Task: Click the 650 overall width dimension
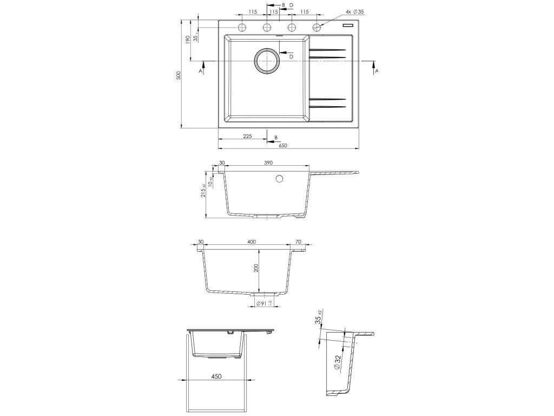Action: (283, 145)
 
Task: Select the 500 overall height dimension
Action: (179, 75)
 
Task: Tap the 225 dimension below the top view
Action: (247, 136)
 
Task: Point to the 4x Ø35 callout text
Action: (355, 12)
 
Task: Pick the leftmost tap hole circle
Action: (242, 27)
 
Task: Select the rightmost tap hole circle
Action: (317, 27)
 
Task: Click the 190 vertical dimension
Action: (188, 38)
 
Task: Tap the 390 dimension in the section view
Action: (268, 162)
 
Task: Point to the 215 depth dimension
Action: (203, 191)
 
